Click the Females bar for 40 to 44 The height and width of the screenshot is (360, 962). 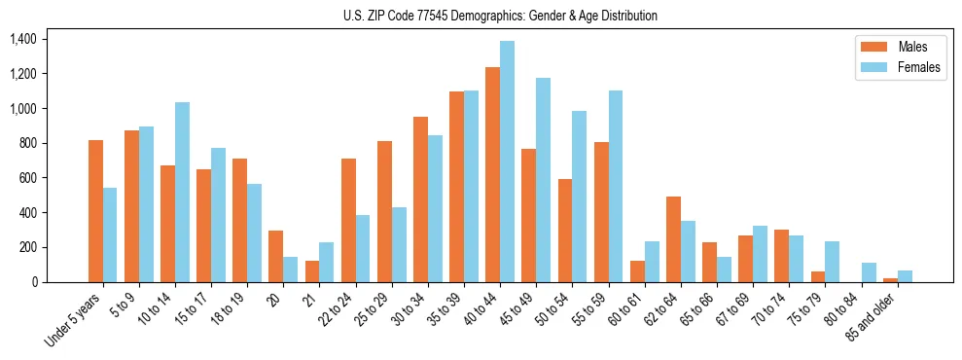click(x=508, y=162)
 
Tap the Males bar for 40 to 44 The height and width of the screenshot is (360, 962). click(x=492, y=175)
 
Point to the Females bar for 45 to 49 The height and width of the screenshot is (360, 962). click(x=543, y=180)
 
